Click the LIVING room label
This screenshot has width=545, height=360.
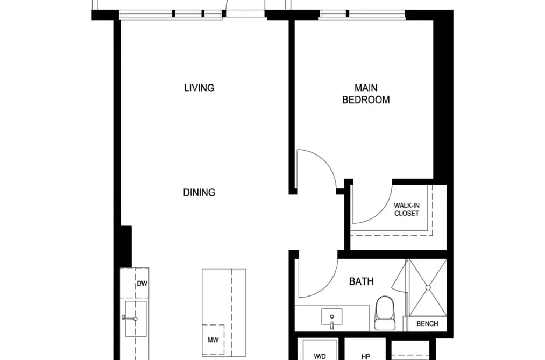199,88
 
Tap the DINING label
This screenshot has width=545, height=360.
199,192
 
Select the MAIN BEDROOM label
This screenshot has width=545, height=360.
366,94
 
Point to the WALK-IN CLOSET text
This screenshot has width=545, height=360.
406,209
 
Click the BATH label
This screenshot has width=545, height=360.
362,281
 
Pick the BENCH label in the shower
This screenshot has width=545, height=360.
427,324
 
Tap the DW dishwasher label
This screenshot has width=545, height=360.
142,284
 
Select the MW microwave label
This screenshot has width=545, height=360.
213,340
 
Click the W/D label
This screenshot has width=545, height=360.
320,356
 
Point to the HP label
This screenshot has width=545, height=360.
365,356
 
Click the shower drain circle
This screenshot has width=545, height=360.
428,287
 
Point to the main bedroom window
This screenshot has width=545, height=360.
362,14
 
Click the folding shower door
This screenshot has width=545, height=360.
400,278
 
